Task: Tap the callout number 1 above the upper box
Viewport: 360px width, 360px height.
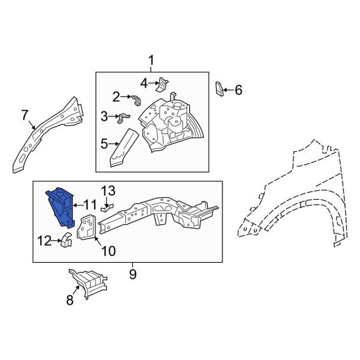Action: [151, 61]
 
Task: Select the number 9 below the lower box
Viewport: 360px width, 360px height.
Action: [133, 274]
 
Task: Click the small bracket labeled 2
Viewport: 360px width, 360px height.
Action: [136, 100]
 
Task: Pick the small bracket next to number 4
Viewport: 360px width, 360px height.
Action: [163, 84]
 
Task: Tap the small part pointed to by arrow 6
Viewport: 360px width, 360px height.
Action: [219, 89]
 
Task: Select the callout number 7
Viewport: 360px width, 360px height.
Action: [25, 115]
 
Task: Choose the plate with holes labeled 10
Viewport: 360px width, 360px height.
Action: [86, 227]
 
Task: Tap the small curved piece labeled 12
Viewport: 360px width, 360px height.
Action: [66, 239]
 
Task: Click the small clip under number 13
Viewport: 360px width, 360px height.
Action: [107, 208]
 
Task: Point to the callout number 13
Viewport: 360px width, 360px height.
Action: [108, 191]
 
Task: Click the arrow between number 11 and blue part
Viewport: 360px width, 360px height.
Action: [77, 205]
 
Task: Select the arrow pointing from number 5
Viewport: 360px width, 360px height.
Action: [113, 144]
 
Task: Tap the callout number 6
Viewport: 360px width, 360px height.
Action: [238, 90]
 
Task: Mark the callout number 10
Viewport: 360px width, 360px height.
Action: [109, 251]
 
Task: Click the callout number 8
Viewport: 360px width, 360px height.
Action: [70, 300]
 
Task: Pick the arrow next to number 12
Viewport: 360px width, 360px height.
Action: [57, 241]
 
